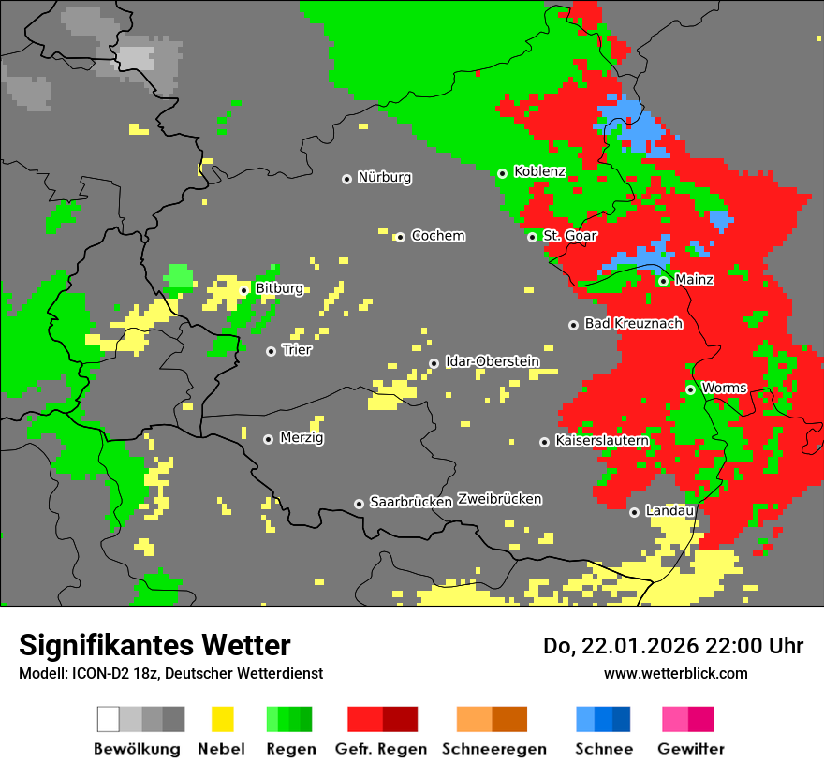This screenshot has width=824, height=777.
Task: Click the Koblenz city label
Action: point(539,172)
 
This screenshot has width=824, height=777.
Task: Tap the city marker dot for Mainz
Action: point(663,281)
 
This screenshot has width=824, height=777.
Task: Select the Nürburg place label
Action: point(384,178)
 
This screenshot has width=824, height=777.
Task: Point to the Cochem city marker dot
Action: point(400,237)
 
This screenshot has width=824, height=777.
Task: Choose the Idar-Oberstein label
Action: point(493,361)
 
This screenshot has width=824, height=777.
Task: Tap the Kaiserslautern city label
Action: point(602,441)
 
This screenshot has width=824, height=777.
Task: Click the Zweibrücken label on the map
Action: point(499,500)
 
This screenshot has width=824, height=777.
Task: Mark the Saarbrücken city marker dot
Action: point(359,504)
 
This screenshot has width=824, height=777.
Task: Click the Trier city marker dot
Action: point(271,351)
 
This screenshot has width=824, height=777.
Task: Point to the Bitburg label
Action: point(279,289)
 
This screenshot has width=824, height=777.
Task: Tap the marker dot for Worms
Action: point(690,389)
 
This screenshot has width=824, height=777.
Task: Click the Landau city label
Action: point(669,511)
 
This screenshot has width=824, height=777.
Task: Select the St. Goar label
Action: point(568,236)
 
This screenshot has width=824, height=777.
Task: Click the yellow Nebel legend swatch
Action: point(222,719)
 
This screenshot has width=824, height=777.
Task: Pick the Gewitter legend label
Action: point(691,749)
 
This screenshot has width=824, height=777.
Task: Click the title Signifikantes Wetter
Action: point(154,646)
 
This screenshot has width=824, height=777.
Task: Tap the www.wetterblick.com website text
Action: point(675,674)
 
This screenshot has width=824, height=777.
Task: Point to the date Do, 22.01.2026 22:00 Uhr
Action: point(673,646)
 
